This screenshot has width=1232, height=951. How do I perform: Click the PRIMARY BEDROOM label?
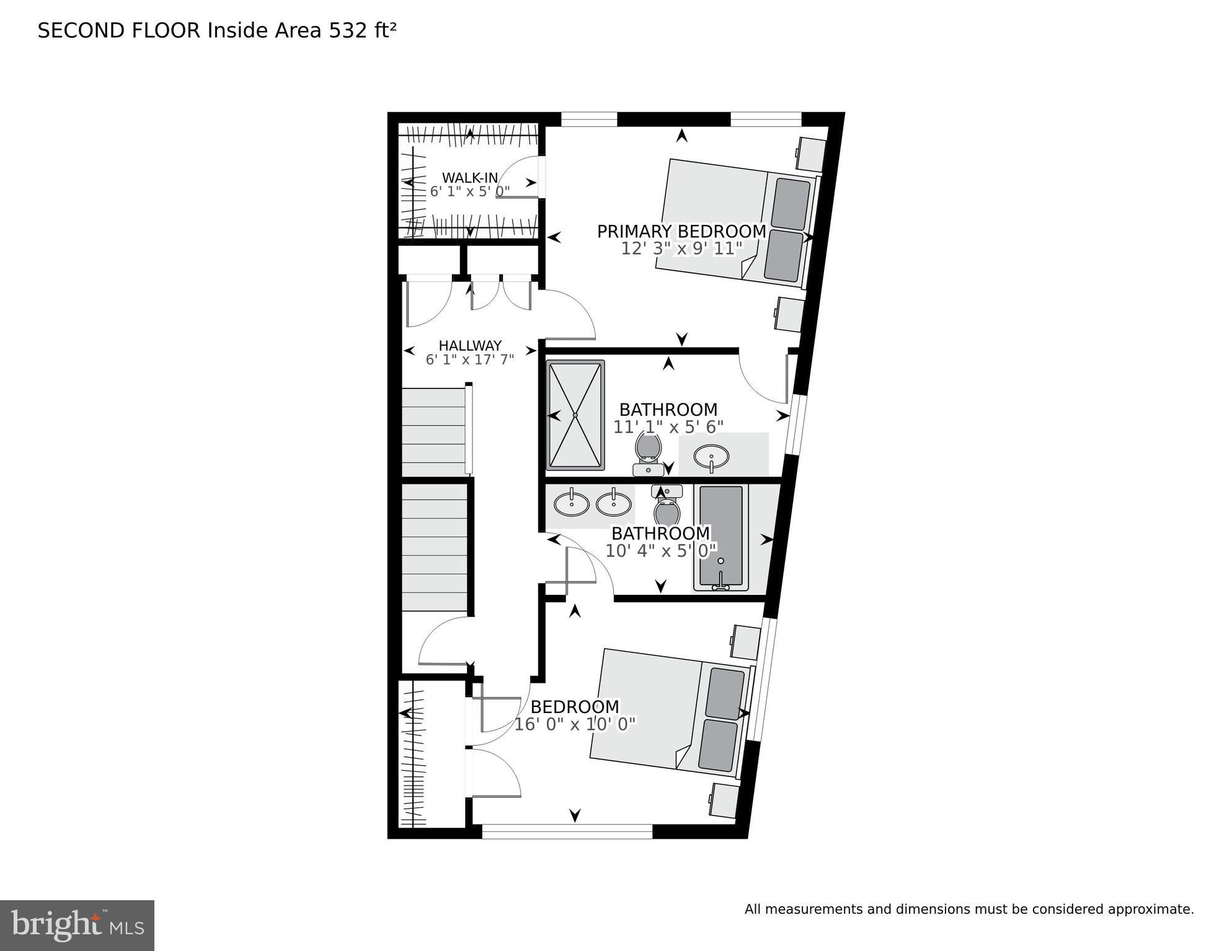click(x=681, y=232)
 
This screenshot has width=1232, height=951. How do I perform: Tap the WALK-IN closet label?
click(x=470, y=178)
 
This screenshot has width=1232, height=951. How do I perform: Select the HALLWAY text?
click(x=470, y=346)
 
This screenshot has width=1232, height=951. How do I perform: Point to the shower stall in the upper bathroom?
click(x=575, y=415)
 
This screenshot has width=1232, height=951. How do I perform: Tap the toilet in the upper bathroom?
click(x=648, y=454)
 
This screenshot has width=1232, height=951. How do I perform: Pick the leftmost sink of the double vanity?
click(x=572, y=503)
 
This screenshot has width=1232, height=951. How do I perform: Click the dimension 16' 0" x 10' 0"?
click(x=575, y=724)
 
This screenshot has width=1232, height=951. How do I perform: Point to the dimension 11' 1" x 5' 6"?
click(x=668, y=427)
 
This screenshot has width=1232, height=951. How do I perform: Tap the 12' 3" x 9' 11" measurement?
click(x=681, y=248)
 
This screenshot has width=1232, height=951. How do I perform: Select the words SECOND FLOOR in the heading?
click(x=119, y=30)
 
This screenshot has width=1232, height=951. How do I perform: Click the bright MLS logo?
click(x=77, y=926)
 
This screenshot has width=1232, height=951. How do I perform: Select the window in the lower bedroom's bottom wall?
click(x=567, y=831)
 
